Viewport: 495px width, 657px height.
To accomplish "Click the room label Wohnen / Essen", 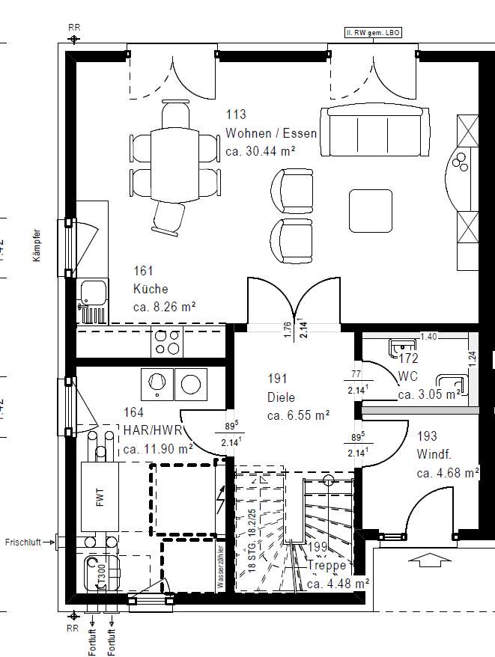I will point(271,134).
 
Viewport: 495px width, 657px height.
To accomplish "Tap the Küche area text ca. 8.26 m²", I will point(164,307).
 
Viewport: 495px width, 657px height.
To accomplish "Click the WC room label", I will point(408,376).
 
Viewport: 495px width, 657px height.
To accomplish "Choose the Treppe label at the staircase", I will point(327,566).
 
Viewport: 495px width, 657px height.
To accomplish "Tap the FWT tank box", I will point(100,498).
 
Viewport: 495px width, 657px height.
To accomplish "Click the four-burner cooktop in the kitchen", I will point(168,343).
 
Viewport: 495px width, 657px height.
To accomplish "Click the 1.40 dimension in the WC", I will point(428,337).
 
